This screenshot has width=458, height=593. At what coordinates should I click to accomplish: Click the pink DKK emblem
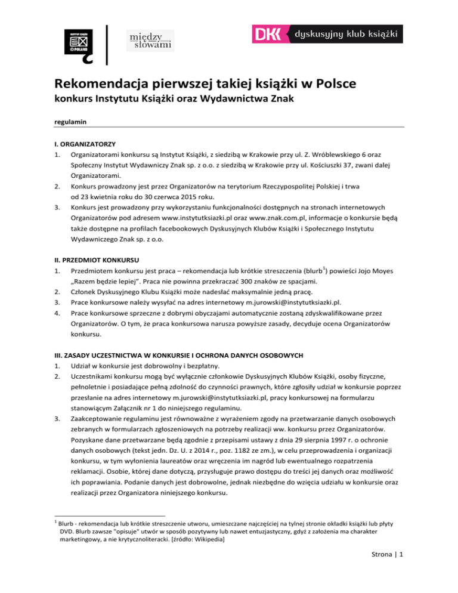[270, 34]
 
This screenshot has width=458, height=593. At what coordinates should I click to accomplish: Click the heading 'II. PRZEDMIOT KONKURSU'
[96, 260]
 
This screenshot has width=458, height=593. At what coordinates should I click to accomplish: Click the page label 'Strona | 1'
[389, 569]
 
